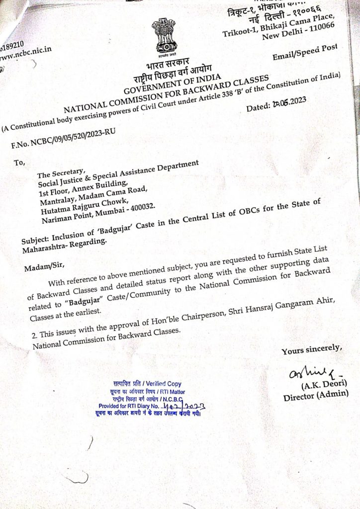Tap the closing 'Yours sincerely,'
311,349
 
